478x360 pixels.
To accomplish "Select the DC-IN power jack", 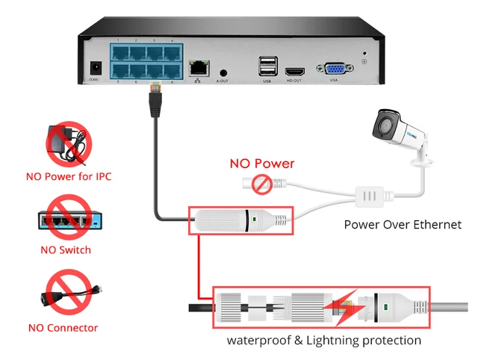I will (95, 67).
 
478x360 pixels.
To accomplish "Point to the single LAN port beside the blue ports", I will (198, 66).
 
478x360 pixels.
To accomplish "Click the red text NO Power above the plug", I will (261, 164).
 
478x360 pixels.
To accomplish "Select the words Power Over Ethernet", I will (403, 224).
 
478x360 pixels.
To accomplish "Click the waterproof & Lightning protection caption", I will (324, 341).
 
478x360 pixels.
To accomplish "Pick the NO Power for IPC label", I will (69, 177).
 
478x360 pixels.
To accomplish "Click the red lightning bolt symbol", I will (346, 306).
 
